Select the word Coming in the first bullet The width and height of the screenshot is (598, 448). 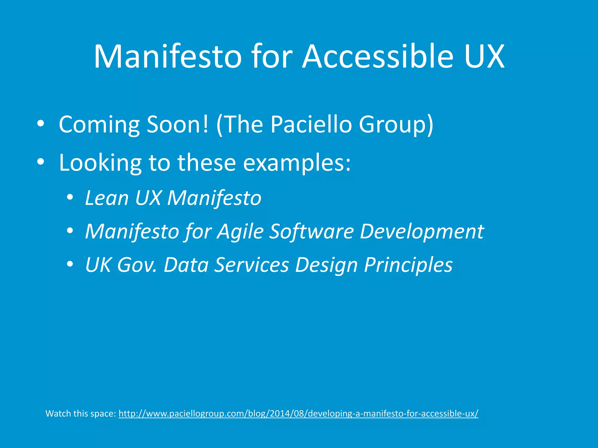pyautogui.click(x=99, y=125)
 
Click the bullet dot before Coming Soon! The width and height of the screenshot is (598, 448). pyautogui.click(x=41, y=124)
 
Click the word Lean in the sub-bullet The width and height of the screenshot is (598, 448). pyautogui.click(x=107, y=198)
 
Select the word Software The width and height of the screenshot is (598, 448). pyautogui.click(x=311, y=232)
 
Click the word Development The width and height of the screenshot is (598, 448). pyautogui.click(x=422, y=232)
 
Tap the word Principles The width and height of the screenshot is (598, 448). pyautogui.click(x=408, y=265)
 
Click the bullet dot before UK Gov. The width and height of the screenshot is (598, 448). pyautogui.click(x=69, y=264)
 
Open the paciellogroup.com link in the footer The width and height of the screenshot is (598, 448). pyautogui.click(x=298, y=414)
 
